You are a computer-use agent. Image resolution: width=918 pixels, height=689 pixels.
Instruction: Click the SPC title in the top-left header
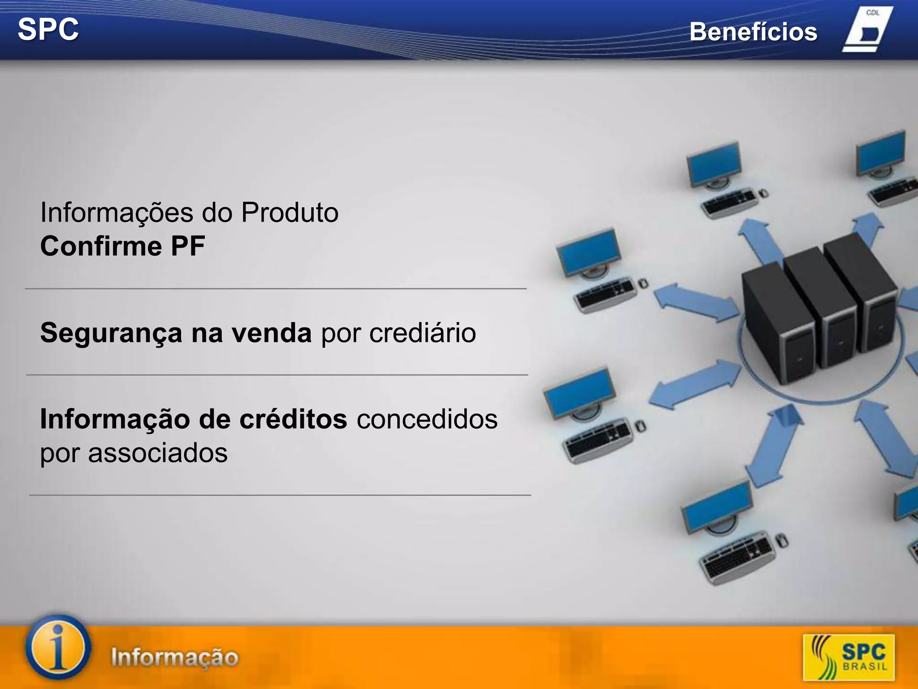[x=48, y=30]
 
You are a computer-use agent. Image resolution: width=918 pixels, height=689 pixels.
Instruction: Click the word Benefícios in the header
[x=753, y=32]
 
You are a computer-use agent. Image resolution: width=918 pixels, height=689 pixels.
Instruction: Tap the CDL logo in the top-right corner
[x=867, y=30]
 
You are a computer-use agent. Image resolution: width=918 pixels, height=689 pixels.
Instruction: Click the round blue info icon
[x=58, y=647]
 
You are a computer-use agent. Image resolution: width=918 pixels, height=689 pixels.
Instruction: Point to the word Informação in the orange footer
[x=175, y=657]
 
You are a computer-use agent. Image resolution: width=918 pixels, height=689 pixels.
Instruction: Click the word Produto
[x=290, y=212]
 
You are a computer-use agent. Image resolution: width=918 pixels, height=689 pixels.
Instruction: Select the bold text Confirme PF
[x=122, y=246]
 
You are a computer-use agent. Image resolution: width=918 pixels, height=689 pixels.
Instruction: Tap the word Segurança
[x=111, y=333]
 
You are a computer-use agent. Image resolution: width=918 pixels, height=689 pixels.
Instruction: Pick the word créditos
[x=293, y=419]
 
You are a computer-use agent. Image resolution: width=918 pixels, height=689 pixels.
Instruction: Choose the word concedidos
[x=427, y=419]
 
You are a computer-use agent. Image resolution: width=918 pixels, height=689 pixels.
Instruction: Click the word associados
[x=158, y=453]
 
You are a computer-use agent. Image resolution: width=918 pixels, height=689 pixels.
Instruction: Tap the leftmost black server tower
[x=778, y=323]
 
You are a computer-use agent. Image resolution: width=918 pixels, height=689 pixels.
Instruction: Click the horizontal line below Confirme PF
[x=276, y=289]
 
